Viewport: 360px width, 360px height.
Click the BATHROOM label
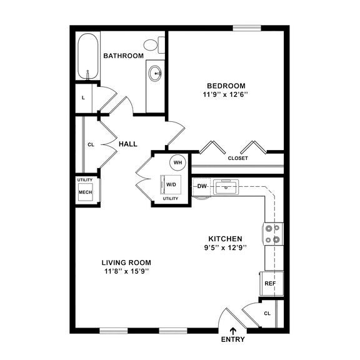click(123, 56)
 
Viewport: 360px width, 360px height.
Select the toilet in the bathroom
click(152, 44)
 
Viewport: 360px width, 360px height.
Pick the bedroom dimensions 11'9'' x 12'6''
click(226, 95)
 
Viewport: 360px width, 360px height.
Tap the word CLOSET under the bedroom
click(237, 158)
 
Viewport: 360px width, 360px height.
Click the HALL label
click(127, 144)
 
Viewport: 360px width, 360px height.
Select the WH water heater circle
click(177, 162)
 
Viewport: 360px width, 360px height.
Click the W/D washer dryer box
click(172, 184)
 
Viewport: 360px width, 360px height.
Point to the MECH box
click(85, 193)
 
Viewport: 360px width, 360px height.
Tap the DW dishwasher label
click(202, 186)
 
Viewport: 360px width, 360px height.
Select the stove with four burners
click(273, 234)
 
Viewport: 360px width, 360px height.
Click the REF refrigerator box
click(270, 283)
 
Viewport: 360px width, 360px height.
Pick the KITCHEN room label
click(225, 239)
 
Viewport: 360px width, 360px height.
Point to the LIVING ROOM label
click(127, 262)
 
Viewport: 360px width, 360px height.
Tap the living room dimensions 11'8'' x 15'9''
click(127, 271)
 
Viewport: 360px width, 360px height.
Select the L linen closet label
click(84, 98)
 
